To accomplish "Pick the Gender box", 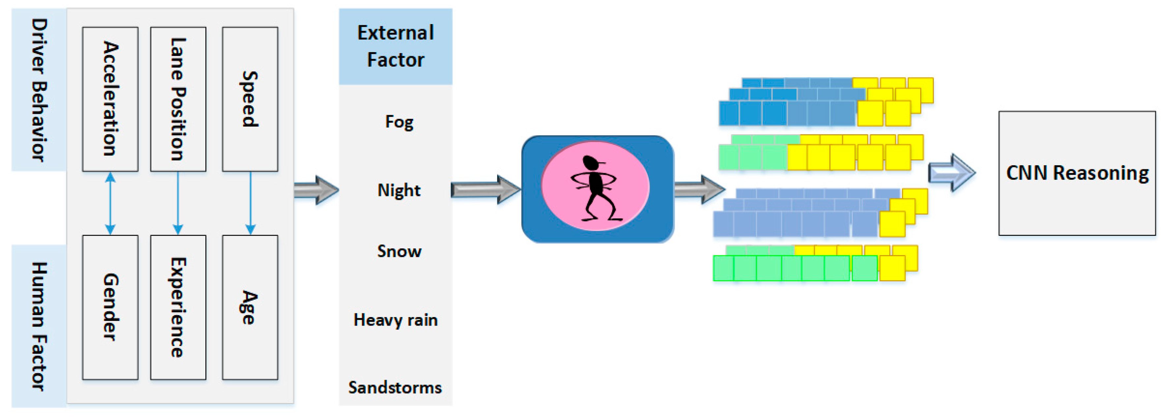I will (x=110, y=307).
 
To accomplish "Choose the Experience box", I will (x=178, y=307).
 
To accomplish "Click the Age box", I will (x=250, y=307).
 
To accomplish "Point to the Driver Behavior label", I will (x=39, y=90).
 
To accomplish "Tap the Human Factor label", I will (x=39, y=326).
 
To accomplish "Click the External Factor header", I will (x=395, y=46).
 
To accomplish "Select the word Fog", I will (x=399, y=122).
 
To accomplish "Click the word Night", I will (x=399, y=190).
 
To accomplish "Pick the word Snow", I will (x=399, y=251).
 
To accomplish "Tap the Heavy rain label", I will (x=395, y=320).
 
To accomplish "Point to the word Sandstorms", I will (x=395, y=387).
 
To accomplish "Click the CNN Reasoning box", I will (x=1077, y=173).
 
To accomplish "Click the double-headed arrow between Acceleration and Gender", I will (x=110, y=203).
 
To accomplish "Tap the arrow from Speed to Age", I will (x=250, y=203).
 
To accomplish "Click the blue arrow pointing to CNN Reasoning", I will (x=951, y=173).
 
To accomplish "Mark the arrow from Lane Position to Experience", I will (x=178, y=203).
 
